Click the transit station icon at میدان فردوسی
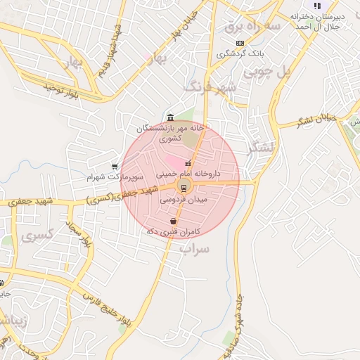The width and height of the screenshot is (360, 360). click(x=184, y=186)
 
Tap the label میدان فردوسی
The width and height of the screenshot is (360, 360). click(x=184, y=200)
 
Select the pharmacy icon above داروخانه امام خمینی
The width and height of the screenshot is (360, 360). click(x=188, y=164)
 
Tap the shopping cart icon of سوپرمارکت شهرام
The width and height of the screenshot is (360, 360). click(x=115, y=167)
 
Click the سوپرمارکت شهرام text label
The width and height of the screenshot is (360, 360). click(x=109, y=177)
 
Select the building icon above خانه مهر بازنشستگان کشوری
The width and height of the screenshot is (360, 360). click(x=171, y=117)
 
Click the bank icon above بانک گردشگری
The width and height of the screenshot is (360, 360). click(x=240, y=43)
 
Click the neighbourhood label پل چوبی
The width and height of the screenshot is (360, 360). click(x=266, y=72)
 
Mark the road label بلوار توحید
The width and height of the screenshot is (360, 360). click(x=63, y=89)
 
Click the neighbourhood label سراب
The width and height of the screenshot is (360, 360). click(x=193, y=248)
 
